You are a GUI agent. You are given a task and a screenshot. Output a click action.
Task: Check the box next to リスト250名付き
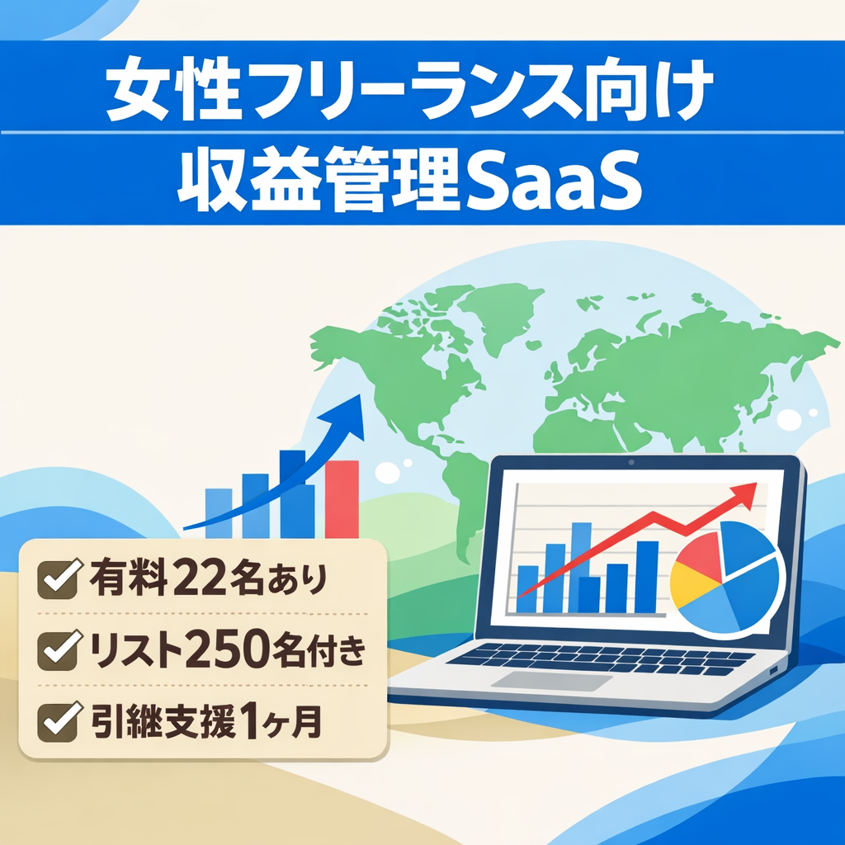pyautogui.click(x=59, y=651)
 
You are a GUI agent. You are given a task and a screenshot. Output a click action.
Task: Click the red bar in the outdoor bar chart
pyautogui.click(x=342, y=498)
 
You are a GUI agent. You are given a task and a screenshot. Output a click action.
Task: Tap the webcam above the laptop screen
pyautogui.click(x=631, y=463)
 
